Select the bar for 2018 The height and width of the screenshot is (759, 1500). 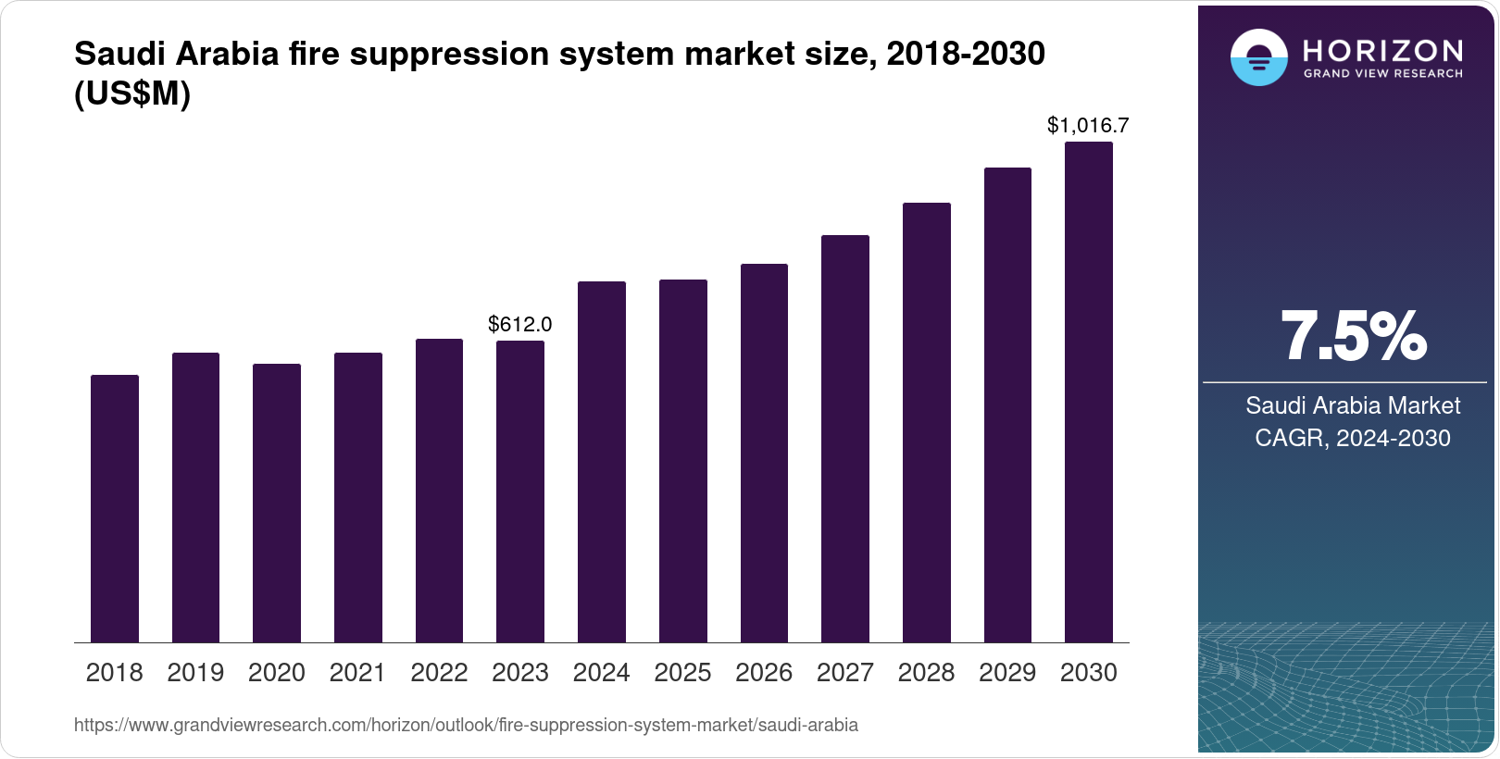pyautogui.click(x=115, y=508)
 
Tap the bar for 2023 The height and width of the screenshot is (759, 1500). pyautogui.click(x=520, y=491)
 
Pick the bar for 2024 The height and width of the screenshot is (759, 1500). pyautogui.click(x=602, y=462)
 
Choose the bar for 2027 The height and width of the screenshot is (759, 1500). pyautogui.click(x=845, y=439)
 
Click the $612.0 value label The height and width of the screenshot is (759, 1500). pyautogui.click(x=520, y=324)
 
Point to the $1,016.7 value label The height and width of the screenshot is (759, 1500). pyautogui.click(x=1088, y=125)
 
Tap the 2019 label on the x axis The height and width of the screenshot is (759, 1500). pyautogui.click(x=195, y=673)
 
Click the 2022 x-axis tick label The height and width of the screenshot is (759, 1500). pyautogui.click(x=439, y=673)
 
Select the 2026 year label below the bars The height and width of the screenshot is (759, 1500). pyautogui.click(x=764, y=673)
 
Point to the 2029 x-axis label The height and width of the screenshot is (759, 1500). pyautogui.click(x=1007, y=673)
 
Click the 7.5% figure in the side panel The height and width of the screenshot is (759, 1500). pyautogui.click(x=1353, y=337)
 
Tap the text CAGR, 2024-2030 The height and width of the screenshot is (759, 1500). pyautogui.click(x=1353, y=438)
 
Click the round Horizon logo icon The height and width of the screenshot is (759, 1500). pyautogui.click(x=1258, y=57)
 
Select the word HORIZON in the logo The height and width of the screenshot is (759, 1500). pyautogui.click(x=1383, y=50)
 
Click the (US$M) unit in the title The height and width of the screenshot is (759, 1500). pyautogui.click(x=132, y=94)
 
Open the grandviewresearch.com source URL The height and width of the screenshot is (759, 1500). pyautogui.click(x=466, y=725)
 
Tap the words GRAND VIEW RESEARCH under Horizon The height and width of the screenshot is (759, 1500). pyautogui.click(x=1383, y=74)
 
